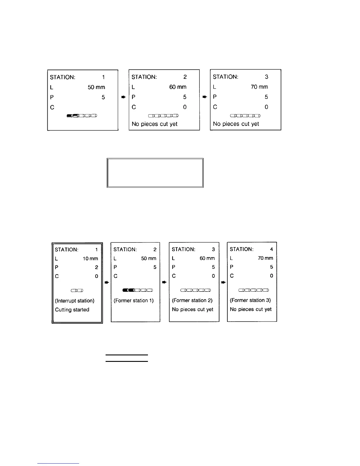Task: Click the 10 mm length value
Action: [x=90, y=259]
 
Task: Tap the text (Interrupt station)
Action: [x=75, y=301]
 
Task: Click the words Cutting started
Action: [x=72, y=310]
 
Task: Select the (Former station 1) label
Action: [x=134, y=300]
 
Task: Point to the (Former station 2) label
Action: [x=192, y=300]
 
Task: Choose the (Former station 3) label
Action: [x=250, y=300]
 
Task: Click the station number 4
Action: [x=271, y=249]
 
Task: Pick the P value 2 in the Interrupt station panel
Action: [x=96, y=267]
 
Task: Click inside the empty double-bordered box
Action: [x=155, y=173]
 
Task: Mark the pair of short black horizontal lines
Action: [x=127, y=358]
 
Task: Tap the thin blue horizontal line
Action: [x=58, y=464]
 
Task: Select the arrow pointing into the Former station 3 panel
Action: [x=224, y=282]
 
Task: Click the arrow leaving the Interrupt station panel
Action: [x=107, y=282]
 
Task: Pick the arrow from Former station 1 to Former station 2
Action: [x=165, y=282]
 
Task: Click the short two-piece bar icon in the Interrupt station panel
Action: [x=77, y=291]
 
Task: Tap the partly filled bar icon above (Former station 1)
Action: [x=137, y=290]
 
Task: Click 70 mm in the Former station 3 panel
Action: [x=265, y=258]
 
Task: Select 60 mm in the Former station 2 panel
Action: [x=207, y=258]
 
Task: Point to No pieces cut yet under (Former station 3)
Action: [x=251, y=309]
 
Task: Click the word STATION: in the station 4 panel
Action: [x=241, y=249]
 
